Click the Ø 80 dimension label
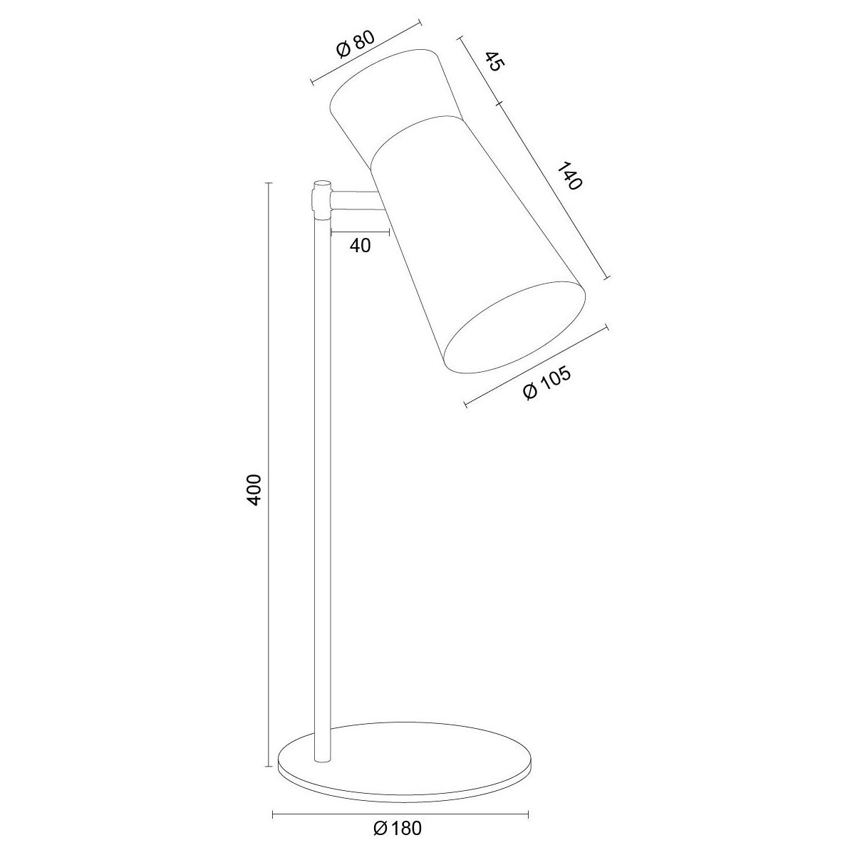click(x=356, y=44)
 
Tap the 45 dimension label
click(x=494, y=61)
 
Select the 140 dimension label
click(x=569, y=176)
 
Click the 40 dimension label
click(x=360, y=245)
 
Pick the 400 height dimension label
click(x=254, y=489)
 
